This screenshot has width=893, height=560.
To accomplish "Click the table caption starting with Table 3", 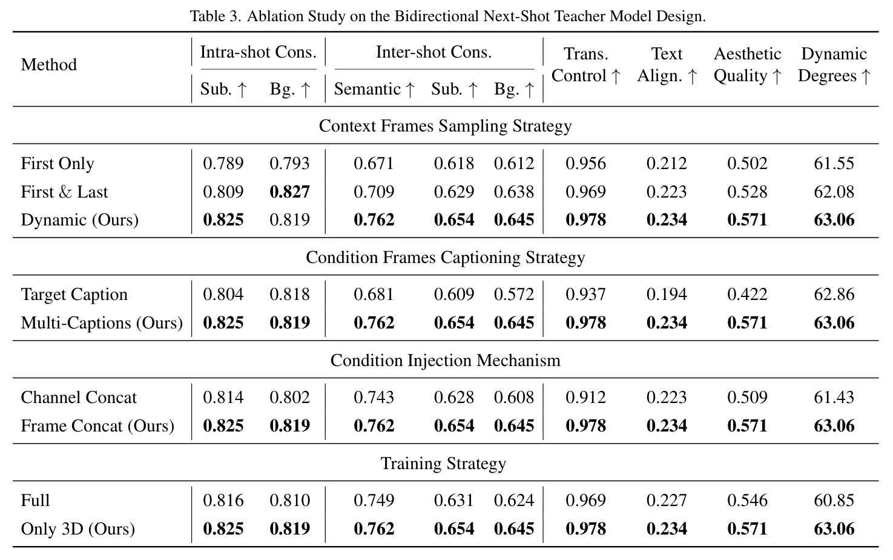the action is pos(447,16).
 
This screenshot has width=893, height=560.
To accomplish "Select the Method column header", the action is pos(48,65).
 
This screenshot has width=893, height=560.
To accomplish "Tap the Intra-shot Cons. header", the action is pos(258,52).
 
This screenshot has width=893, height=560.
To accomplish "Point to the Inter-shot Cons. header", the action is pos(433,52).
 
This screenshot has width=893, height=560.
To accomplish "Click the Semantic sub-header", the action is pos(374,89).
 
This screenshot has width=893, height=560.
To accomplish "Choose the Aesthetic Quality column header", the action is pos(748,65).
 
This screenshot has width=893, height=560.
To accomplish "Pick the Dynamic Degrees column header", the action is pos(834,65).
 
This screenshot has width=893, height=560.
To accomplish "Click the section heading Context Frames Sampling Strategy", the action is pos(446,125).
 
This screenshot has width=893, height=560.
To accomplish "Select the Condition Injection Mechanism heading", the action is pos(446,361).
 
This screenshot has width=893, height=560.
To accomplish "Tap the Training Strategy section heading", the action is pos(443,464).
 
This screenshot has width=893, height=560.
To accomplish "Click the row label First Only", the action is pos(58,163).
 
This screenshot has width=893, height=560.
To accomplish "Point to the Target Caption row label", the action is pos(74,295).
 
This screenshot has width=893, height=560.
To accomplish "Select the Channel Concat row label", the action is pos(79,398).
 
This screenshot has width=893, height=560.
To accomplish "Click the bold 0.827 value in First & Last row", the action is pos(290,192).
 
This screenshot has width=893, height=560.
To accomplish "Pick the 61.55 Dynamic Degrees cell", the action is pos(834,164).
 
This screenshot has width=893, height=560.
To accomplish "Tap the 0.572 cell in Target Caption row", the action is pos(514,295).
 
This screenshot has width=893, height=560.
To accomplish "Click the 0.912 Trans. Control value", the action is pos(585,398).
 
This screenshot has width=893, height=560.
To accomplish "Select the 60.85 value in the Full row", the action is pos(834,501).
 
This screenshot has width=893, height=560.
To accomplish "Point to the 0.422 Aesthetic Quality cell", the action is pos(747,295).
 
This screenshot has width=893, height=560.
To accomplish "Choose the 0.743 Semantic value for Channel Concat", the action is pos(374,398).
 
